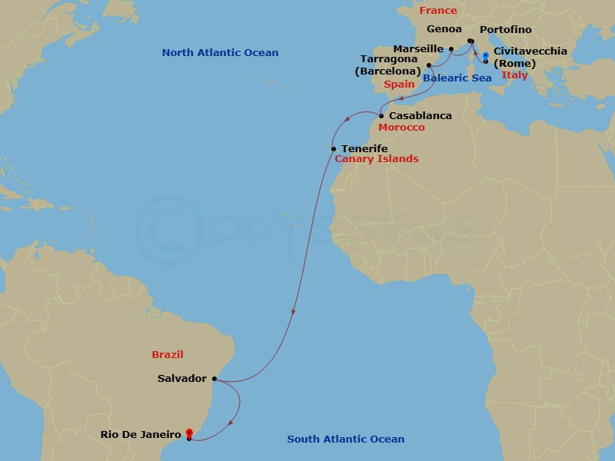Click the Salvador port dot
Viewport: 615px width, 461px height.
(214, 379)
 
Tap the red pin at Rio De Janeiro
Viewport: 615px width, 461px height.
(188, 434)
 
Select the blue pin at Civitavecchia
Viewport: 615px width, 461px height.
(485, 55)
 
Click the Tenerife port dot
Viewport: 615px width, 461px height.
(333, 148)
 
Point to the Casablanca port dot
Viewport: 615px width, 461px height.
(381, 116)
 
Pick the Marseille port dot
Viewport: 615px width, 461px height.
(451, 48)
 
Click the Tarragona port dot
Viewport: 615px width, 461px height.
(429, 65)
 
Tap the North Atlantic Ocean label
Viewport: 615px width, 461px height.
(220, 52)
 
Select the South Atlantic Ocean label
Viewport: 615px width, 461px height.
(345, 439)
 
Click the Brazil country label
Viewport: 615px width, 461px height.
(168, 354)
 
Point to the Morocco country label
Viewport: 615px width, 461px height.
(401, 127)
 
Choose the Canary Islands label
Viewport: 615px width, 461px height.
(377, 159)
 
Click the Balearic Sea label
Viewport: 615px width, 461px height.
(457, 78)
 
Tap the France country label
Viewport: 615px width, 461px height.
(438, 11)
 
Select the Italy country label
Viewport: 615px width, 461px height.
(514, 75)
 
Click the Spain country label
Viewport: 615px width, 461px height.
(400, 84)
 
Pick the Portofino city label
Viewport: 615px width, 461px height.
(505, 30)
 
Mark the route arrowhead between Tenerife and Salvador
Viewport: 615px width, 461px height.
(293, 312)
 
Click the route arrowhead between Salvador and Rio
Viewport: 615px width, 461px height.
(231, 423)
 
